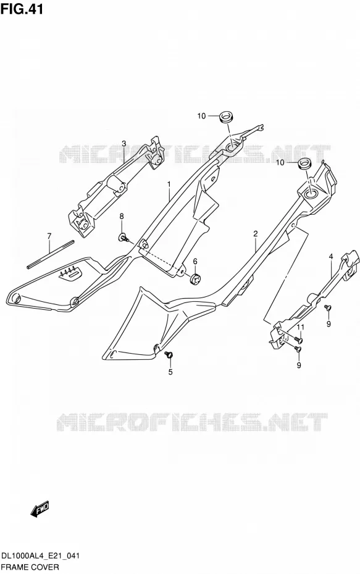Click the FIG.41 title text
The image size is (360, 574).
click(22, 9)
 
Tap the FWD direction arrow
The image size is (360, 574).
click(40, 510)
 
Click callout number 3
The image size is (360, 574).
click(123, 143)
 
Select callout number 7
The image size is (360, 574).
click(49, 236)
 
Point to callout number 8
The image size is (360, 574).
click(122, 217)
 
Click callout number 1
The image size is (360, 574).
click(169, 183)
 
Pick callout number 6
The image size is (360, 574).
click(195, 261)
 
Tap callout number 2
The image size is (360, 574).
click(256, 233)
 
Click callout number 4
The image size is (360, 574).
click(331, 257)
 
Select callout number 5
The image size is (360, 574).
click(170, 372)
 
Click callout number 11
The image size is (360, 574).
click(300, 327)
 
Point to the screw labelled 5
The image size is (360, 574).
click(169, 354)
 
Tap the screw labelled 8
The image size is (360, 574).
click(123, 238)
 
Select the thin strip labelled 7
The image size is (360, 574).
click(51, 254)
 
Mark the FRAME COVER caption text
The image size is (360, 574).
click(30, 567)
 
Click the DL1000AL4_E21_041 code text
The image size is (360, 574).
click(41, 557)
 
